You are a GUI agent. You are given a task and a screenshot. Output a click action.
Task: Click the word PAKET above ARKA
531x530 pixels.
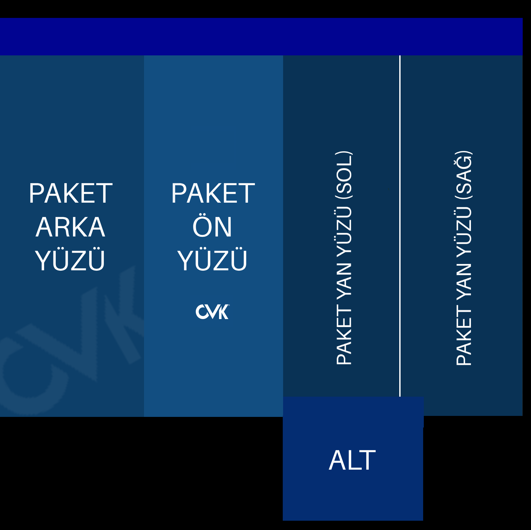(70, 193)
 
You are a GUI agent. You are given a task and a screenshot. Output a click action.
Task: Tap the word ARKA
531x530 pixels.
(70, 227)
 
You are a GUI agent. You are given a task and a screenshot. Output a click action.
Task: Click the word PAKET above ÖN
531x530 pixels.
(213, 193)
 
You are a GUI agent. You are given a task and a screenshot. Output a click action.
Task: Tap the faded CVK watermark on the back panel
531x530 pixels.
(73, 338)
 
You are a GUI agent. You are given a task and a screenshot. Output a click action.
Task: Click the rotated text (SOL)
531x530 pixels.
(344, 172)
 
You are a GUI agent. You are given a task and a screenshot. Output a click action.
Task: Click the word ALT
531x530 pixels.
(352, 460)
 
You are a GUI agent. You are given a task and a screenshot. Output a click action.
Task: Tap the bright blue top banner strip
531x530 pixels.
(261, 36)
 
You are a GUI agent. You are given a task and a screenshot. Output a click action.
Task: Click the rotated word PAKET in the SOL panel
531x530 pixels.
(344, 335)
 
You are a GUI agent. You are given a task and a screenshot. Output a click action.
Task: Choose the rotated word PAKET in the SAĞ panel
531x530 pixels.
(464, 335)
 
